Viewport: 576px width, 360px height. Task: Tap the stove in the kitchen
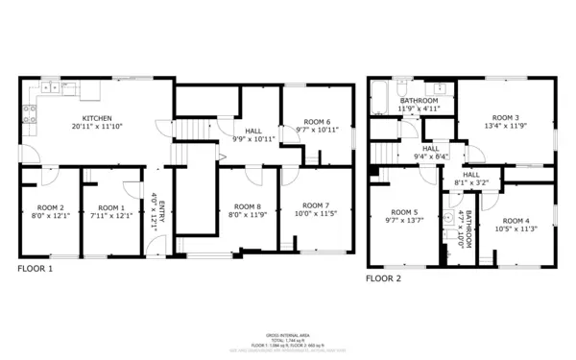30,113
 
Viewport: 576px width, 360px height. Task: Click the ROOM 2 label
50,207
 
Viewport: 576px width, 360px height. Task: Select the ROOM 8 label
247,206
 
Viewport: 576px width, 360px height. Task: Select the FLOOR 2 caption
383,278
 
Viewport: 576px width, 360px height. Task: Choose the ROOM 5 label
404,212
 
